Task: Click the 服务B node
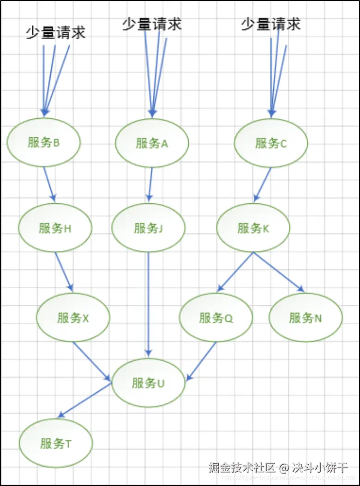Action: pos(44,142)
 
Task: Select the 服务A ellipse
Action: pos(152,143)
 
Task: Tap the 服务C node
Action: pos(271,143)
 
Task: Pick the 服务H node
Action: pos(55,228)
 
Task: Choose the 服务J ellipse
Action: pos(148,228)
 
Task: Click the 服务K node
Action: pos(253,228)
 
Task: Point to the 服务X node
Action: pos(73,318)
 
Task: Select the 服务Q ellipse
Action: pos(216,318)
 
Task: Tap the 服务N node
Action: pos(306,318)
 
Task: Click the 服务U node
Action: pos(148,383)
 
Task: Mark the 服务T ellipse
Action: pos(56,443)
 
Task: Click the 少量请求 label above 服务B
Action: pos(55,33)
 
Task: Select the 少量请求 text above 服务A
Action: pos(152,24)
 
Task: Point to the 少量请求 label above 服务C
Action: pos(271,24)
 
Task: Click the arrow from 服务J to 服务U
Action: pos(148,305)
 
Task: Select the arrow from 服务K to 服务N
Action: pos(279,272)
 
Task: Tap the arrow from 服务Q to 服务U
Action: pos(201,361)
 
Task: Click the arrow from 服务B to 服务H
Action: pos(49,184)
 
